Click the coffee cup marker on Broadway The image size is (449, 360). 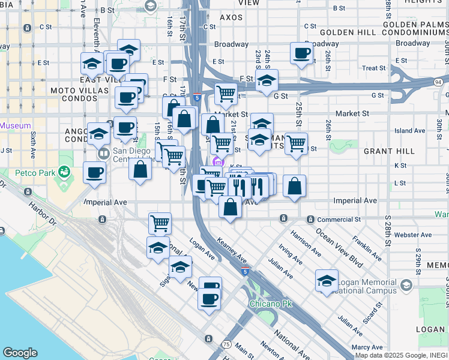301,53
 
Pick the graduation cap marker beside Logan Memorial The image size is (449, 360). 327,280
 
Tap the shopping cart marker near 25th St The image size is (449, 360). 296,143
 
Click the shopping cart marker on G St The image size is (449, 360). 226,93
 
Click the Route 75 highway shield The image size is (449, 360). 226,344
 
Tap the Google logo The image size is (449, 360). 20,353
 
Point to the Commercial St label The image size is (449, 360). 339,220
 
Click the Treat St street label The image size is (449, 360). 373,68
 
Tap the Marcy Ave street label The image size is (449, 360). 368,347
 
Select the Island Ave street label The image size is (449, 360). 410,130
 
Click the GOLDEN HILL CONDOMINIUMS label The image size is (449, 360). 384,32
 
